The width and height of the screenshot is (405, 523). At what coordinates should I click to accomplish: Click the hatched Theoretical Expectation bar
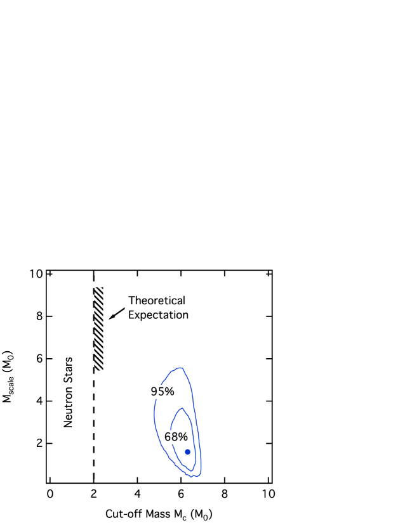(99, 328)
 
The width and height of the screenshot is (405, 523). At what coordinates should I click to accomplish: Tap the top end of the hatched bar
(99, 287)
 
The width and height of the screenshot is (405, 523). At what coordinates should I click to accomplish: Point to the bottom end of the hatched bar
(99, 370)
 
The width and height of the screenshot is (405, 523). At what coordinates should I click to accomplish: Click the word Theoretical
(157, 300)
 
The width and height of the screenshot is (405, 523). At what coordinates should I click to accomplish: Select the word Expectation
(158, 314)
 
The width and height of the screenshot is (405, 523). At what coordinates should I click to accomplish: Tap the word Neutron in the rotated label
(69, 404)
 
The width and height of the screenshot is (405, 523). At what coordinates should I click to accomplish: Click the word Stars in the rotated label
(69, 370)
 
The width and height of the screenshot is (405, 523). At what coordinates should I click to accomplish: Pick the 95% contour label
(162, 392)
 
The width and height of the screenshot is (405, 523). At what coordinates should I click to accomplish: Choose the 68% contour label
(176, 437)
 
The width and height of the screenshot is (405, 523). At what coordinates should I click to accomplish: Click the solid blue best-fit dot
(188, 452)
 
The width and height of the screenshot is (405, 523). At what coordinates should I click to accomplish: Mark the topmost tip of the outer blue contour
(182, 368)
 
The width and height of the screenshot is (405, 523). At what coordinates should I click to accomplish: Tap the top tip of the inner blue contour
(182, 408)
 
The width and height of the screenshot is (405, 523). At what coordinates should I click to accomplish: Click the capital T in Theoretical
(131, 300)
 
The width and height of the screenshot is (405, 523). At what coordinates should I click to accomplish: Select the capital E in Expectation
(131, 314)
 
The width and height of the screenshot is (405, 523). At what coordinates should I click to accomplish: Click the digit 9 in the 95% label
(154, 392)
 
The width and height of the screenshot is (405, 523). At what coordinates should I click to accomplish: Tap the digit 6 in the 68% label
(168, 437)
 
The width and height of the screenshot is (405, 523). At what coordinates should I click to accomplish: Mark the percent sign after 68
(183, 437)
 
